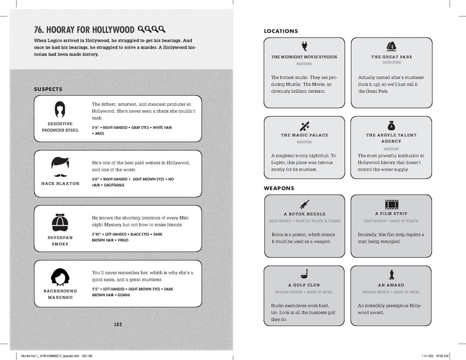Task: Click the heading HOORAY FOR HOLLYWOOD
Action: pos(85,30)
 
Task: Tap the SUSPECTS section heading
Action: pos(48,88)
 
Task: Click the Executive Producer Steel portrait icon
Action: pos(60,109)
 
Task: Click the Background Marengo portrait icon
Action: pos(60,277)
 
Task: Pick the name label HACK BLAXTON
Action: pos(60,184)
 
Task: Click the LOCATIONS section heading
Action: pos(281,31)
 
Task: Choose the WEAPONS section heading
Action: pos(279,188)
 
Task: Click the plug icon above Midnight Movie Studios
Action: pos(304,45)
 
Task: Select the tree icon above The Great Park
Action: pos(392,45)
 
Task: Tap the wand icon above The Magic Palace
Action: pos(304,125)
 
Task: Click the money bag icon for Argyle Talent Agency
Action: pos(392,124)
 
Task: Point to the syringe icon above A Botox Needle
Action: pos(304,203)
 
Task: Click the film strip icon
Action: pos(392,203)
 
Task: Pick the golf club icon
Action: pos(304,275)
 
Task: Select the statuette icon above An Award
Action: pos(392,275)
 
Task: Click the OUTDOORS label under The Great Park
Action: pos(392,63)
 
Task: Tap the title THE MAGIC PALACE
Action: pos(304,135)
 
